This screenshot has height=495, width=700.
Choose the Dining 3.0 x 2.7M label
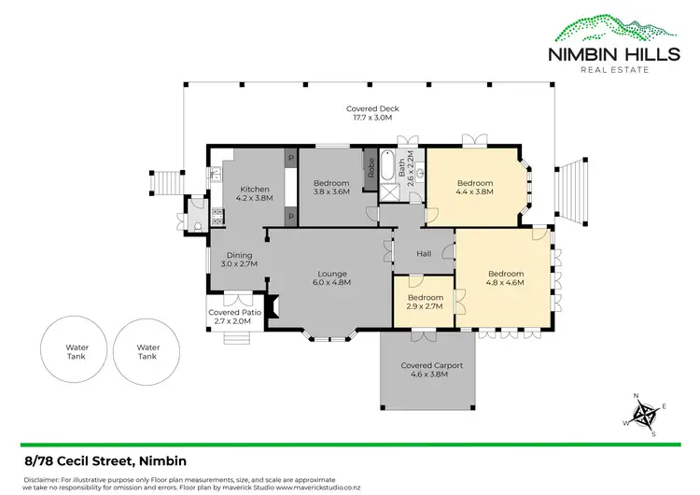tap(238, 259)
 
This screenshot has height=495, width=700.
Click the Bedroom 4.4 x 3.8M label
tap(473, 187)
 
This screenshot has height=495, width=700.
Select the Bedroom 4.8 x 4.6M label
tap(505, 277)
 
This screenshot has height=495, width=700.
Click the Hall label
tap(424, 254)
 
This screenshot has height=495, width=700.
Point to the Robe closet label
tap(371, 168)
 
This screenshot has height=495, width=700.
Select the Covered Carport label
tap(424, 369)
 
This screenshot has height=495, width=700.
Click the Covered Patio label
tap(229, 317)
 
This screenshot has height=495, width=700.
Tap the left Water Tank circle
tap(76, 351)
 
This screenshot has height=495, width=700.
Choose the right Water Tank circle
tap(148, 351)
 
